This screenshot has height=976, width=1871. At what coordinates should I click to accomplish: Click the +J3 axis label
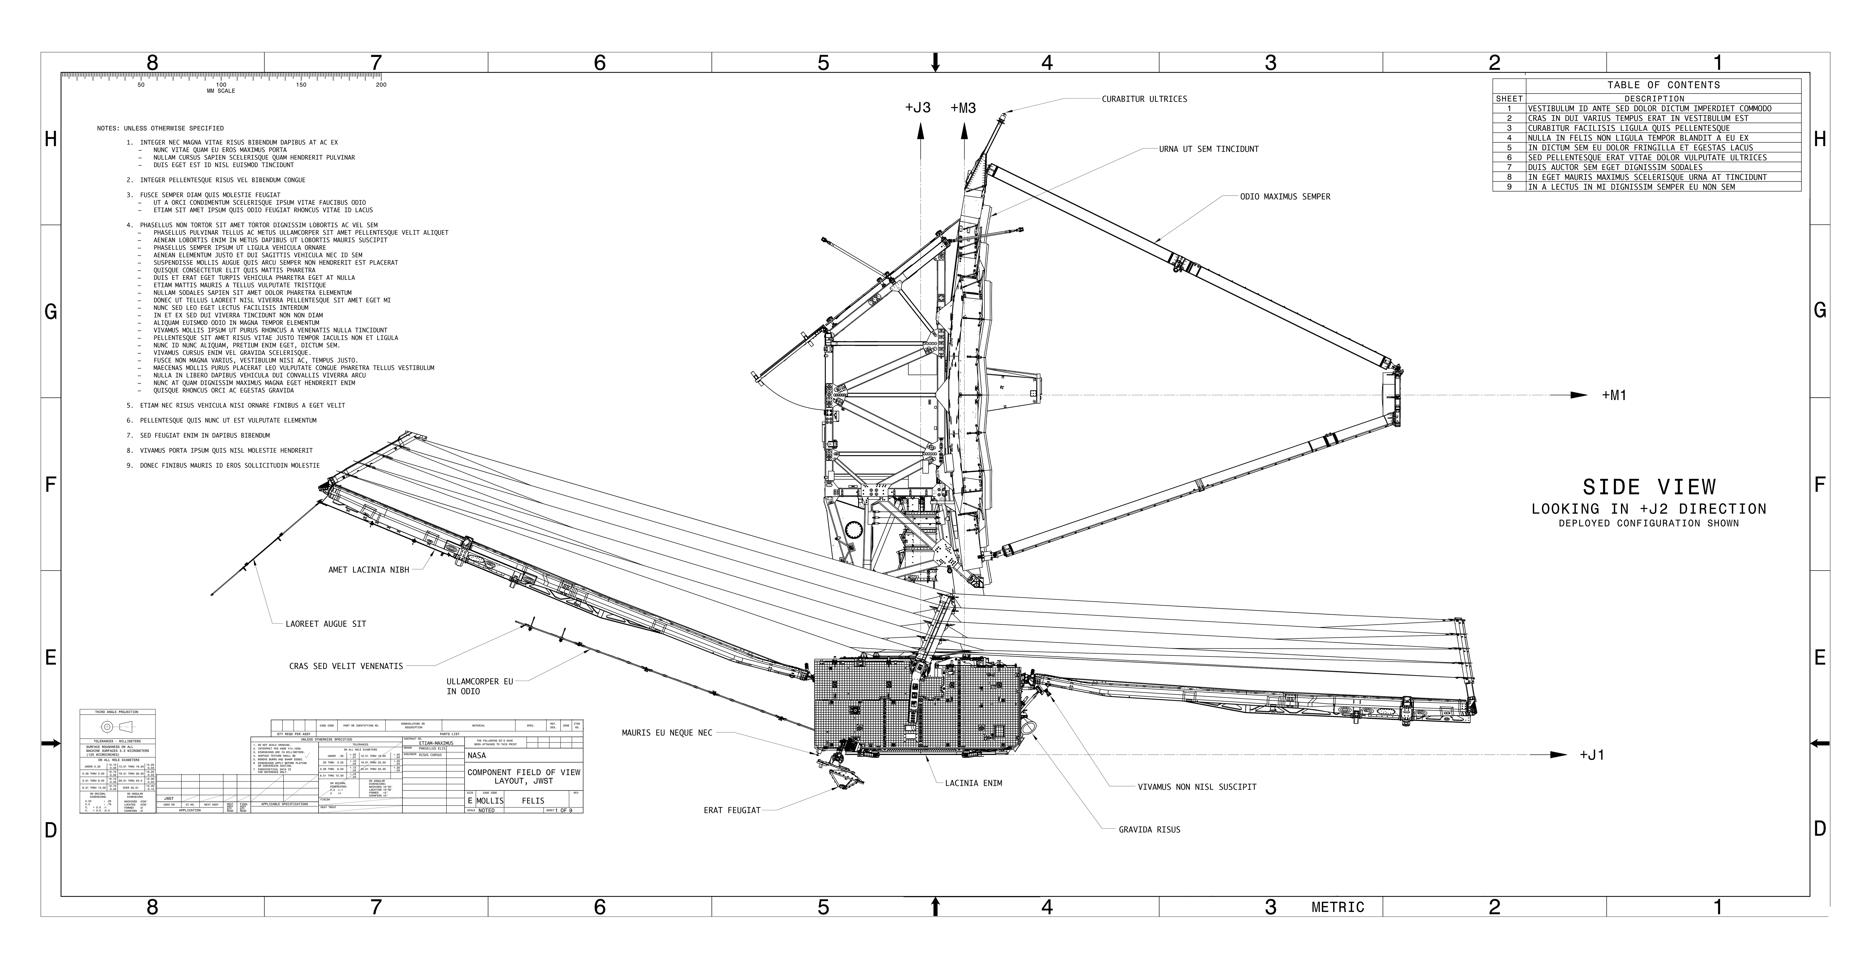pos(917,108)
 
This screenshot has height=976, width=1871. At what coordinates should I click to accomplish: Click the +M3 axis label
pos(963,108)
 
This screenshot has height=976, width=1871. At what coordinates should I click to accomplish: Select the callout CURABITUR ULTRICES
pos(1144,99)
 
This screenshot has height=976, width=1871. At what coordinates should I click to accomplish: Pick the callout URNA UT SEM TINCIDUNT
pos(1209,150)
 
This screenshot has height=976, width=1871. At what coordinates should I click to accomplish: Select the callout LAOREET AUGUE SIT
pos(325,624)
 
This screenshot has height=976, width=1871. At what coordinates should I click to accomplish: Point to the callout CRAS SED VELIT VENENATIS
pos(346,666)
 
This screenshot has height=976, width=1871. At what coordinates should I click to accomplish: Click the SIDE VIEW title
pos(1649,487)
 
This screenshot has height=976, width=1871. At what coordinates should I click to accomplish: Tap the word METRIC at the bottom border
pos(1338,908)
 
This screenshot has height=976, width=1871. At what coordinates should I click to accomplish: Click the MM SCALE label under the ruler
pos(221,91)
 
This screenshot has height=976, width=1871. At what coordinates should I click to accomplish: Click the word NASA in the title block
pos(477,756)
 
